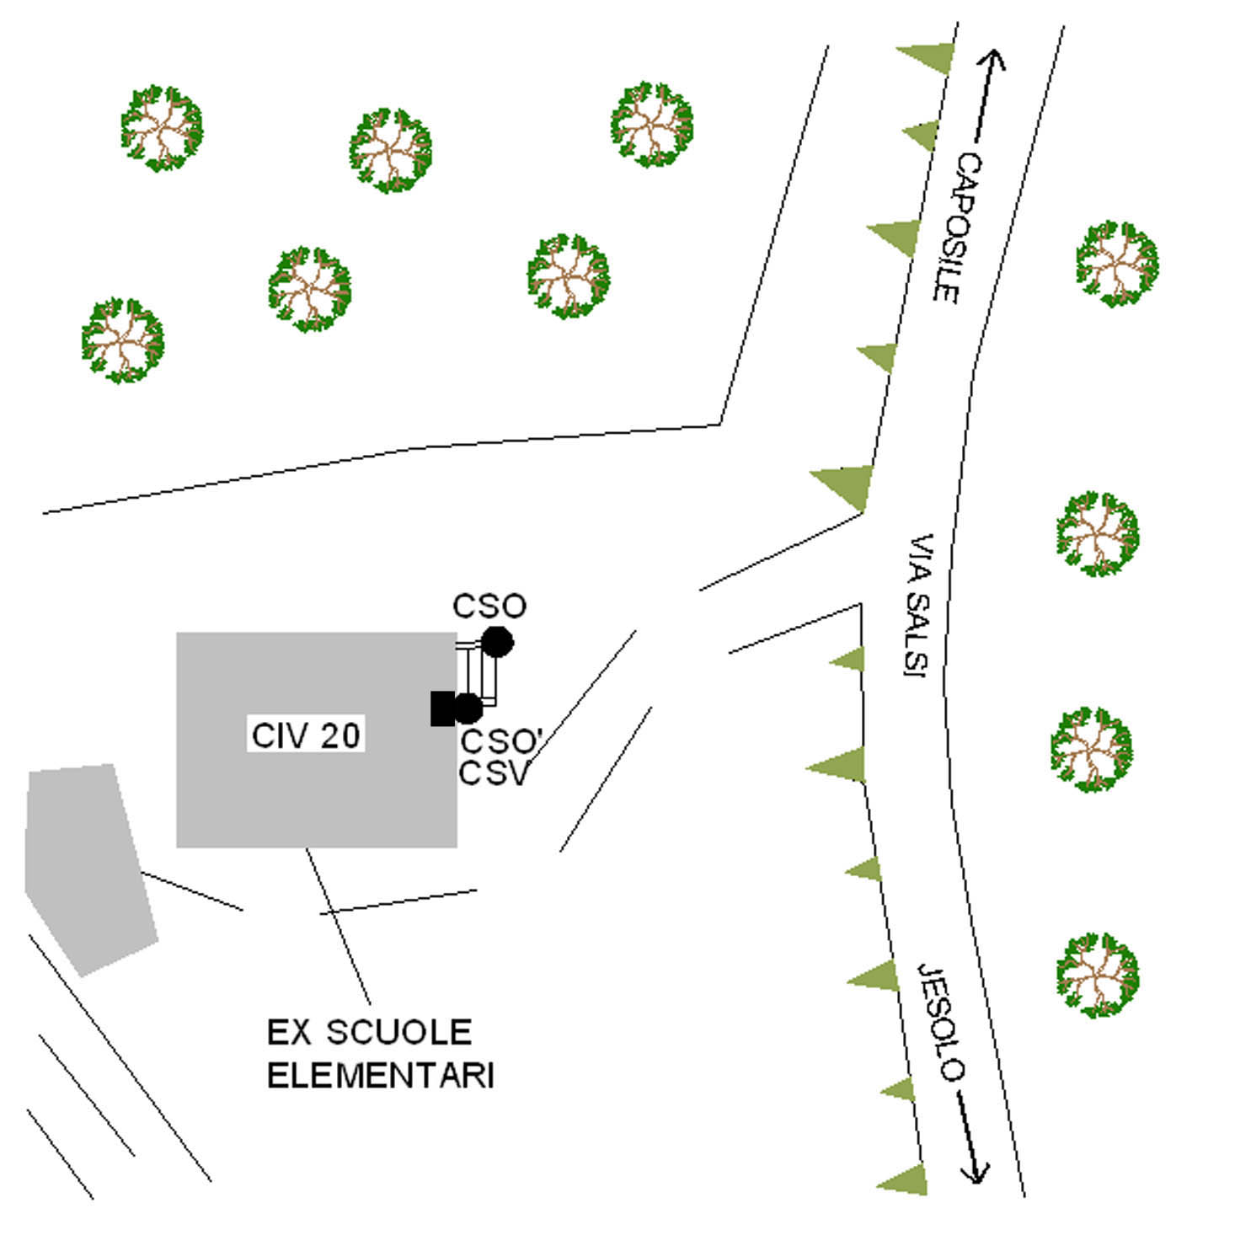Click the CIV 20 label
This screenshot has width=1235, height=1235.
coord(307,735)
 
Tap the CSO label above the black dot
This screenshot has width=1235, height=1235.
coord(489,606)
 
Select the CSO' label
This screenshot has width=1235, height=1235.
coord(500,741)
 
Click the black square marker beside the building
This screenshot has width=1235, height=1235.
coord(441,708)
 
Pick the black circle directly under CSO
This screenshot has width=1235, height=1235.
coord(497,642)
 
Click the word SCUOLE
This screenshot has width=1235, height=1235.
coord(398,1032)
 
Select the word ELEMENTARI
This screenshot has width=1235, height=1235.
coord(380,1076)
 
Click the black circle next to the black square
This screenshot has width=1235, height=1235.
coord(468,708)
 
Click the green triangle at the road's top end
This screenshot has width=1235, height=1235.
coord(931,57)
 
